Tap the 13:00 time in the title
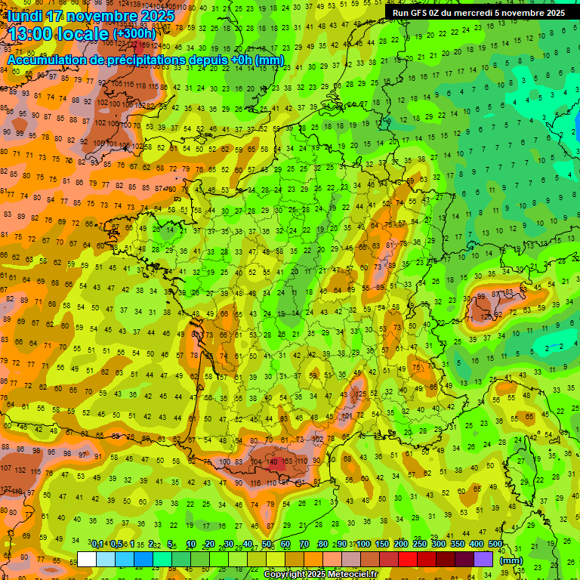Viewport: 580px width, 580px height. pyautogui.click(x=32, y=34)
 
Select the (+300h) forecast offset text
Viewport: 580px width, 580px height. pyautogui.click(x=134, y=34)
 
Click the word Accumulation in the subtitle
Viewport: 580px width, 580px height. pyautogui.click(x=47, y=60)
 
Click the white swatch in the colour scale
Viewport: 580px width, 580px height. pyautogui.click(x=87, y=560)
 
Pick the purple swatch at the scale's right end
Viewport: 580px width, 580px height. pyautogui.click(x=483, y=560)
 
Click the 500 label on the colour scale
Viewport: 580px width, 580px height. pyautogui.click(x=495, y=545)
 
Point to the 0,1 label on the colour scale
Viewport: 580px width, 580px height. pyautogui.click(x=98, y=545)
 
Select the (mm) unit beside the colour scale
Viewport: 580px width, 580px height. pyautogui.click(x=511, y=560)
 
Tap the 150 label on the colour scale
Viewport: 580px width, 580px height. pyautogui.click(x=382, y=545)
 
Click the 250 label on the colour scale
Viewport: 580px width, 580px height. pyautogui.click(x=420, y=545)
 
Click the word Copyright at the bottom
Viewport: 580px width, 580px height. pyautogui.click(x=284, y=575)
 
